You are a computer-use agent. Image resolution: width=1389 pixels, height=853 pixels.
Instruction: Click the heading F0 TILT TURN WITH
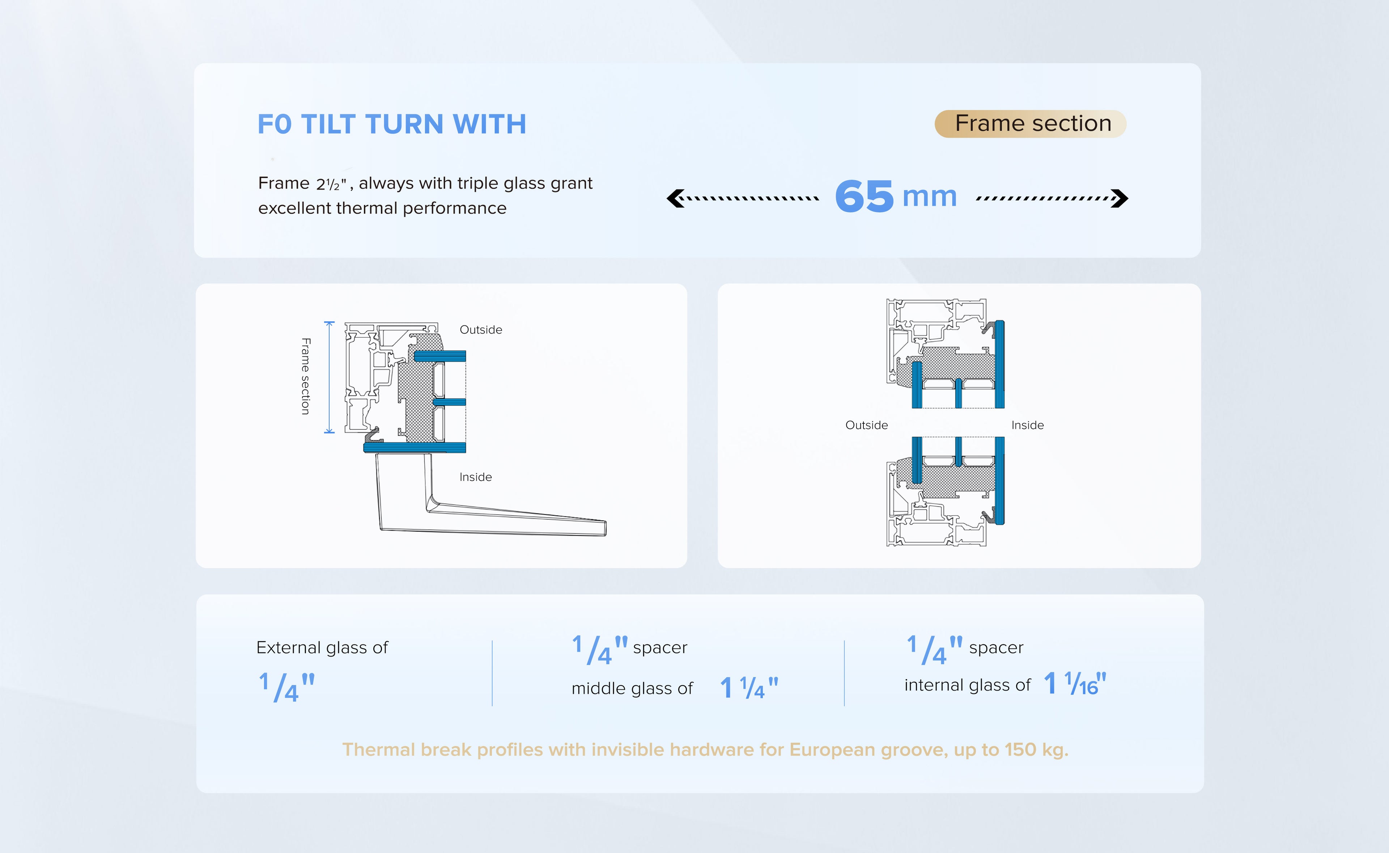[x=392, y=124]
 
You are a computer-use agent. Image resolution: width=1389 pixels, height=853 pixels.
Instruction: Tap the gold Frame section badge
[x=1031, y=123]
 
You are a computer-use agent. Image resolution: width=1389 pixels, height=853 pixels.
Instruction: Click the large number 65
[x=864, y=196]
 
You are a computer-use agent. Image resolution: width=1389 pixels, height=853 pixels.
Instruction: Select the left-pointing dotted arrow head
[x=675, y=198]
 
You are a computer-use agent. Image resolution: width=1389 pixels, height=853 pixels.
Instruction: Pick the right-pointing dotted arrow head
[x=1120, y=198]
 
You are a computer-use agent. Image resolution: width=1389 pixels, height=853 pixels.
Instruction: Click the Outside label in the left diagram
[x=481, y=329]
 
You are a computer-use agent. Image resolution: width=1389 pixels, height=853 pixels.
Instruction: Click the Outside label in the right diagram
[x=866, y=425]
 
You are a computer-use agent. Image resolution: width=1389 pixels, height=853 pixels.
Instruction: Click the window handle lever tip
[x=604, y=528]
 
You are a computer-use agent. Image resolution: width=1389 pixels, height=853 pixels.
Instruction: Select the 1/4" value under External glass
[x=286, y=687]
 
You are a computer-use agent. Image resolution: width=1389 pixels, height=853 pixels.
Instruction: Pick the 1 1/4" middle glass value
[x=749, y=688]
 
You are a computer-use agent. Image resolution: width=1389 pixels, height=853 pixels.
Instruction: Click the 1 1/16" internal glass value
[x=1075, y=684]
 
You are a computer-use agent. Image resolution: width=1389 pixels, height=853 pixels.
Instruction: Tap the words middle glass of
[x=632, y=688]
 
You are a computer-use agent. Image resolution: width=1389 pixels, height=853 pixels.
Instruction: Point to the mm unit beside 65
[x=930, y=197]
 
